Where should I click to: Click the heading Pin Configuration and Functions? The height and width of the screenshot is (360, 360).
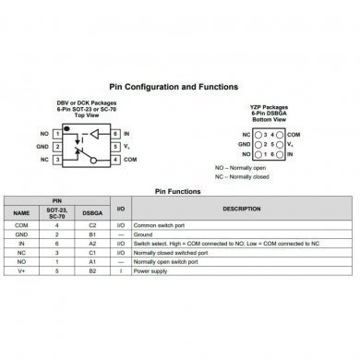[x=179, y=84]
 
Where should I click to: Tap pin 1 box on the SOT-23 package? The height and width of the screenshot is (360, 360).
[x=58, y=133]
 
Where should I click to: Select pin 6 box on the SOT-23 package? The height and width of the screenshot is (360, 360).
[x=116, y=133]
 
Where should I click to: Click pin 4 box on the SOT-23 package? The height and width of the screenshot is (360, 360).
[x=116, y=160]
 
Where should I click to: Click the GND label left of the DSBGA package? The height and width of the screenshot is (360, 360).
[x=244, y=146]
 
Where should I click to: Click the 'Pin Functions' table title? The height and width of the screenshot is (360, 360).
[x=180, y=192]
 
